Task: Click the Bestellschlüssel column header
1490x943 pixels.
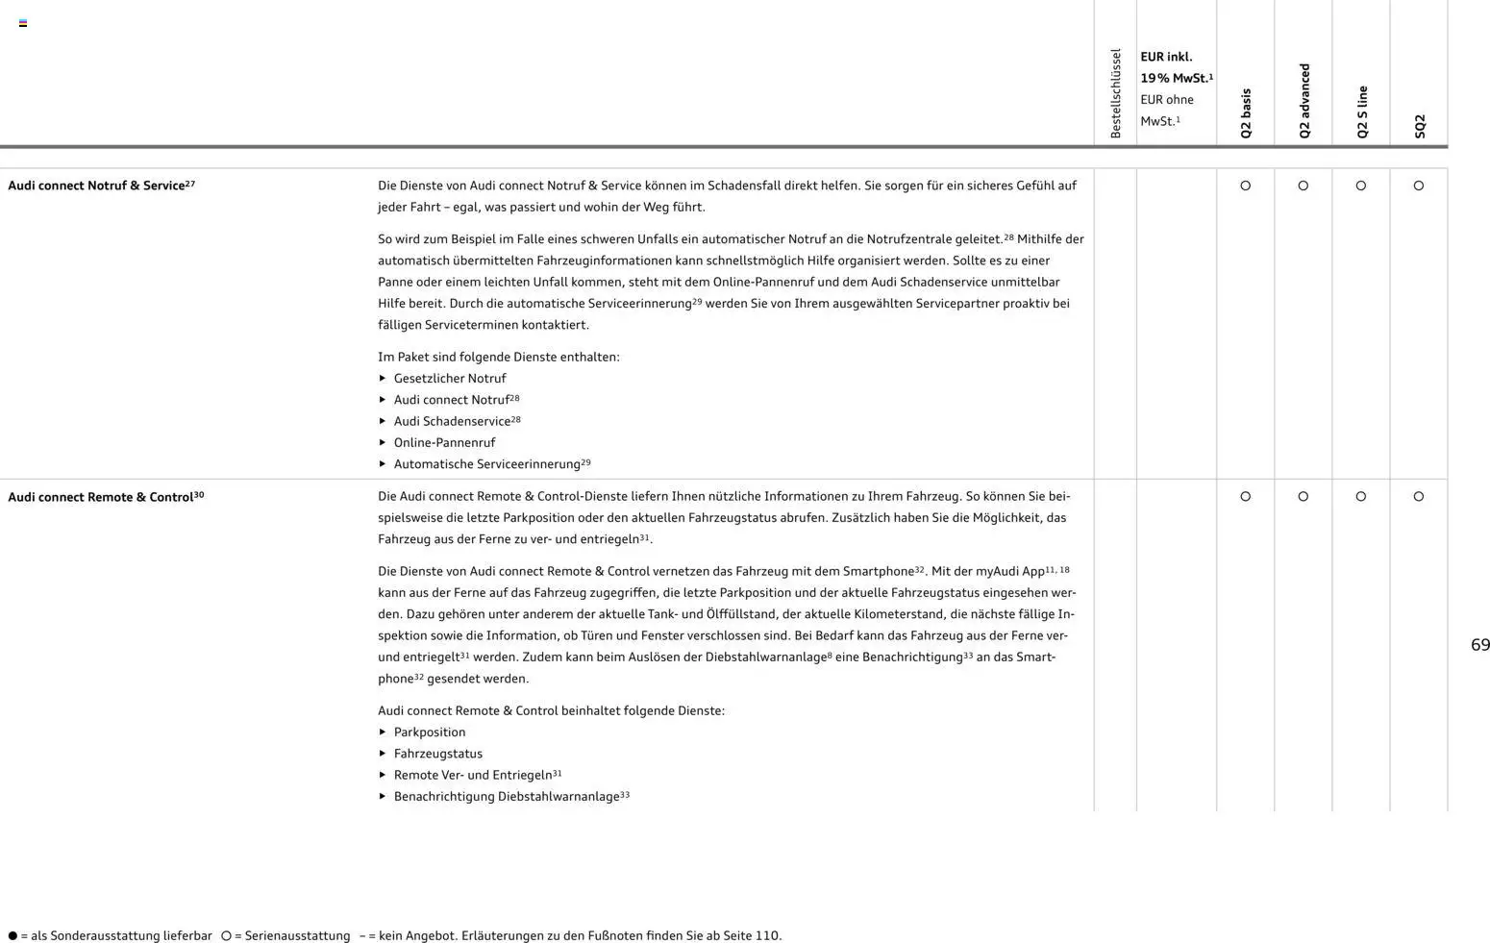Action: pyautogui.click(x=1115, y=93)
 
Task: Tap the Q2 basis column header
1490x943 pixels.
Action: pyautogui.click(x=1246, y=113)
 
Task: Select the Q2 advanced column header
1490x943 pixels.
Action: pyautogui.click(x=1304, y=101)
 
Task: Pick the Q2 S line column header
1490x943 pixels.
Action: pyautogui.click(x=1361, y=112)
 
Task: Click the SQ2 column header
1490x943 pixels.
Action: pyautogui.click(x=1419, y=126)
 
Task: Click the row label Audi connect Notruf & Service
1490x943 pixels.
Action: pyautogui.click(x=101, y=186)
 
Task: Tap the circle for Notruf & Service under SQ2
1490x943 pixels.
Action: pyautogui.click(x=1419, y=186)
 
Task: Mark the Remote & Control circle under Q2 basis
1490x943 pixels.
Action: pyautogui.click(x=1246, y=497)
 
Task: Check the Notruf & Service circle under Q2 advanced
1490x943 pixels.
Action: pyautogui.click(x=1304, y=186)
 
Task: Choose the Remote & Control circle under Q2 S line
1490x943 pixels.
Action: pyautogui.click(x=1361, y=497)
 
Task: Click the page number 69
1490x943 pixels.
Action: pyautogui.click(x=1480, y=645)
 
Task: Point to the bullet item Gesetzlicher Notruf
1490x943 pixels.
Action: pyautogui.click(x=449, y=379)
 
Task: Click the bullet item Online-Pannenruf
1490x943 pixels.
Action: pyautogui.click(x=444, y=443)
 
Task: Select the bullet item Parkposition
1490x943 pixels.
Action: pyautogui.click(x=429, y=732)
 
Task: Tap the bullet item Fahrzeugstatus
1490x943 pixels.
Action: pyautogui.click(x=437, y=754)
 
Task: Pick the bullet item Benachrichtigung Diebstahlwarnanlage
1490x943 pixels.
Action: pyautogui.click(x=506, y=797)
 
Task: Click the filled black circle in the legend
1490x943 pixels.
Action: pyautogui.click(x=12, y=936)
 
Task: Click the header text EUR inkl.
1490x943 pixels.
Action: pyautogui.click(x=1166, y=57)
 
